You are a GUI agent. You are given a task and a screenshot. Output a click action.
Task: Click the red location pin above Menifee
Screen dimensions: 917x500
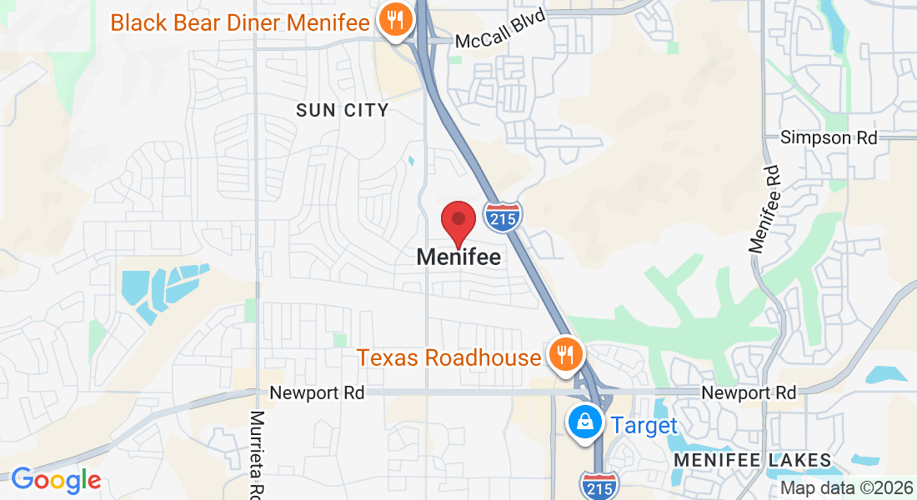point(458,222)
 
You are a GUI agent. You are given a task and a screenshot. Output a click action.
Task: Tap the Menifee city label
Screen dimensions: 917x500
point(458,257)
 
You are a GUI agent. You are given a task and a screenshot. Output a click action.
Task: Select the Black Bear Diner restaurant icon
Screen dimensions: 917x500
point(393,19)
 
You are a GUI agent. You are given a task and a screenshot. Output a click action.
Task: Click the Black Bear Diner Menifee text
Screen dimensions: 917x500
point(240,22)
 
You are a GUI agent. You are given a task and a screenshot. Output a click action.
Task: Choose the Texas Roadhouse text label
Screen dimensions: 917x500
point(449,358)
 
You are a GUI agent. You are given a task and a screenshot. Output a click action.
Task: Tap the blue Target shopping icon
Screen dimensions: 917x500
point(586,422)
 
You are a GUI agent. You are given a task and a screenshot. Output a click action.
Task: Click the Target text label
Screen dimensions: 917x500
point(644,426)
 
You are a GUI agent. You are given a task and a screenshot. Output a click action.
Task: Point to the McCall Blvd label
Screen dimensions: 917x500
point(500,39)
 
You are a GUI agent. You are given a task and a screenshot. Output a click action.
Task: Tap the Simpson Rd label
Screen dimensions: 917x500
point(829,137)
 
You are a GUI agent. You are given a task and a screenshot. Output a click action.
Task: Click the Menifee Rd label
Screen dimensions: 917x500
point(764,208)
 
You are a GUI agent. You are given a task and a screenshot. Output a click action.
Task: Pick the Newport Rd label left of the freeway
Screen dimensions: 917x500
point(317,392)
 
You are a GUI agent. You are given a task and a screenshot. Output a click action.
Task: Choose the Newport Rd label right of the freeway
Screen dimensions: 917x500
point(749,392)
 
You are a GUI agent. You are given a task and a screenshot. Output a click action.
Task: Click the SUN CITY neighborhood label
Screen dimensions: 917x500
point(343,110)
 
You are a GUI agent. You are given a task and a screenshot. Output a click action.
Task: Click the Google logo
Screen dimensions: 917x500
point(56,480)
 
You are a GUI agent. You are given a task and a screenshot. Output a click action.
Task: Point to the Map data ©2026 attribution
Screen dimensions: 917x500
point(845,488)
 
